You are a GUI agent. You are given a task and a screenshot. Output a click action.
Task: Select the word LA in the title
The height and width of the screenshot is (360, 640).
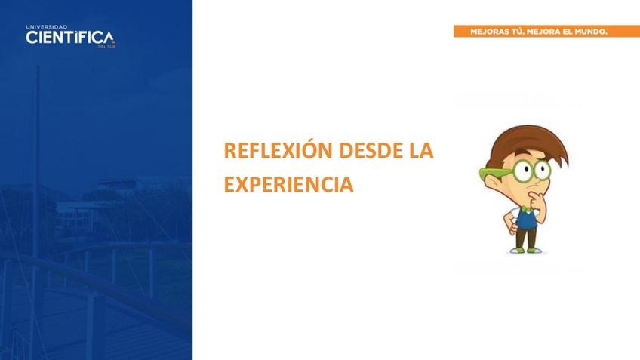421,150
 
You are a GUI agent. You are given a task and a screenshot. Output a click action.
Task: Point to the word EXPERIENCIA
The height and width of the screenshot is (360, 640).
288,184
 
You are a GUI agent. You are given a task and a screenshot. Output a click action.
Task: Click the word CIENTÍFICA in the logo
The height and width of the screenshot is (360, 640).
69,38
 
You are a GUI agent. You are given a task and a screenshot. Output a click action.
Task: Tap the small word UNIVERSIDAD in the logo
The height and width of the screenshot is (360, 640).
47,27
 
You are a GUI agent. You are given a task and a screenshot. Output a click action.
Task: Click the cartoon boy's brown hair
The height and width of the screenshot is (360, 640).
527,143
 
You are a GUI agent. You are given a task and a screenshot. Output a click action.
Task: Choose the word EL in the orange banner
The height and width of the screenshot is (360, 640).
568,32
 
